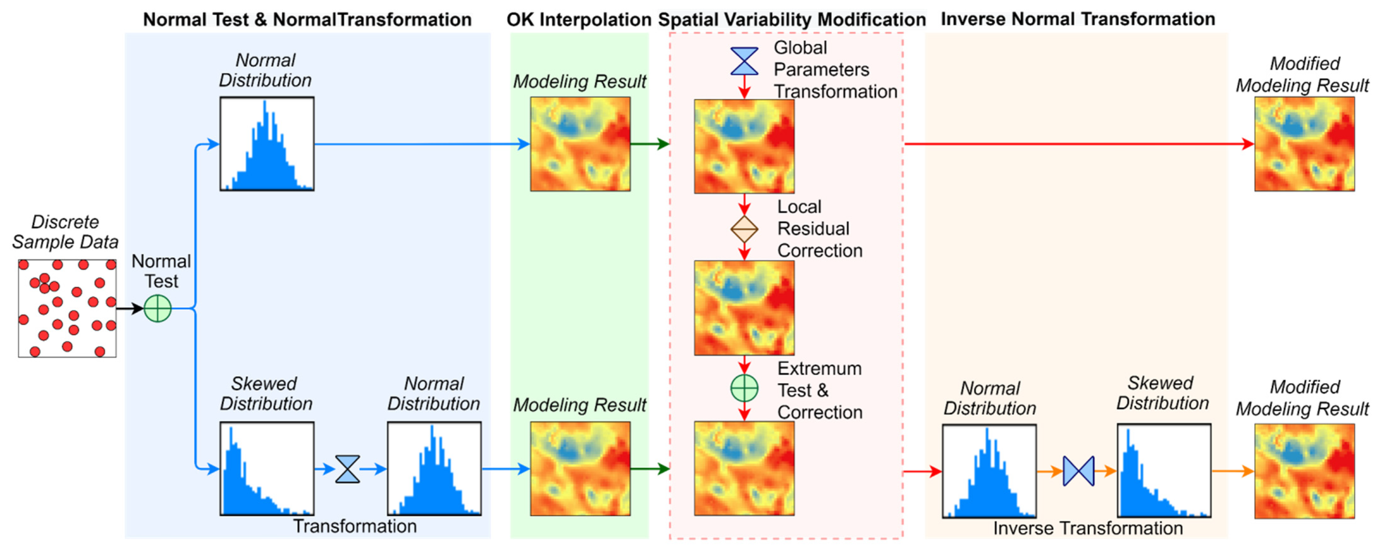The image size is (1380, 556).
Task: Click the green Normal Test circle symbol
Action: (158, 308)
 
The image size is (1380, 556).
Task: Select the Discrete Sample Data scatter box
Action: (67, 308)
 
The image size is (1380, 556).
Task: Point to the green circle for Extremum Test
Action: (744, 388)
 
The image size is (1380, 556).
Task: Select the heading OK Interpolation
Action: (579, 20)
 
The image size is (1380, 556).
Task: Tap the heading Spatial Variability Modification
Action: (791, 20)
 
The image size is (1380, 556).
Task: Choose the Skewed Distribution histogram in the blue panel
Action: (267, 469)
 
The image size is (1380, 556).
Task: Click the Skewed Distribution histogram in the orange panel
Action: (1164, 471)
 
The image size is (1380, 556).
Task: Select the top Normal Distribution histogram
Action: (267, 143)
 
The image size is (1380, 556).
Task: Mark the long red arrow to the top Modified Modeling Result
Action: (1077, 143)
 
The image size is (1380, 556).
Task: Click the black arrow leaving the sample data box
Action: (130, 308)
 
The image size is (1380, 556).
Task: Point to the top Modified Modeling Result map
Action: (1304, 143)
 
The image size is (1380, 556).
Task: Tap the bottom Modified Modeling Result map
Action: (1304, 471)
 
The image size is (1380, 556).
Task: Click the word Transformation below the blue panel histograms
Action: (355, 527)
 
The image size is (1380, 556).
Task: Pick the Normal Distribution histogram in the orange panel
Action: (989, 471)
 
